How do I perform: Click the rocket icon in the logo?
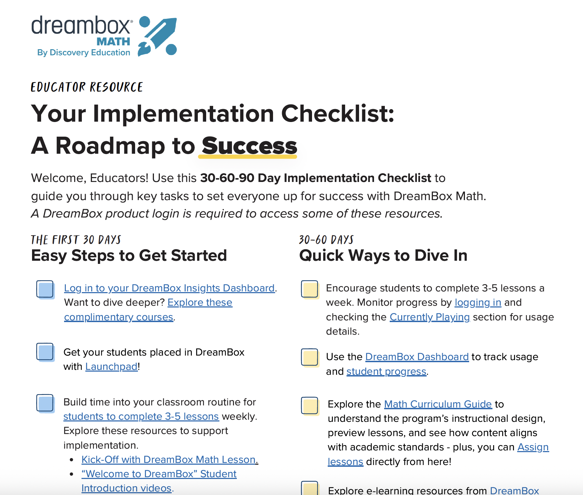[x=157, y=36]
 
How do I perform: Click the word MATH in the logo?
[x=113, y=42]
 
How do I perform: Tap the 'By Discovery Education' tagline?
[x=84, y=53]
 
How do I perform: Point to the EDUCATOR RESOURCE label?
[x=87, y=87]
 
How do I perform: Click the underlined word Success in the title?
[x=249, y=146]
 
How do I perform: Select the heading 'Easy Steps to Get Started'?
[x=129, y=256]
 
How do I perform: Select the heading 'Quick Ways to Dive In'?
[x=383, y=256]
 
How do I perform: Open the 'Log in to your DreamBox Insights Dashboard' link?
[x=170, y=288]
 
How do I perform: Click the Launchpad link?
[x=111, y=367]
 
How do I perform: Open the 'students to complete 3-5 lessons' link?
[x=141, y=417]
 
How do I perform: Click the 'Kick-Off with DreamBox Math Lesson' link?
[x=170, y=460]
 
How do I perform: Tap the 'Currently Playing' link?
[x=430, y=317]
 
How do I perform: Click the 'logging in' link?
[x=478, y=303]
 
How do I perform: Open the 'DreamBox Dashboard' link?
[x=417, y=357]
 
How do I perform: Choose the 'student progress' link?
[x=387, y=372]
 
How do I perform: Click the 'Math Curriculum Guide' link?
[x=438, y=404]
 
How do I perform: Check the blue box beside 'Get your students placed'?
[x=45, y=352]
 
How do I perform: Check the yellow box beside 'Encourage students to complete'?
[x=310, y=290]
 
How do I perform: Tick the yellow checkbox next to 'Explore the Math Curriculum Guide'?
[x=310, y=406]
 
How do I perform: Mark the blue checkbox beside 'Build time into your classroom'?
[x=45, y=403]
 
